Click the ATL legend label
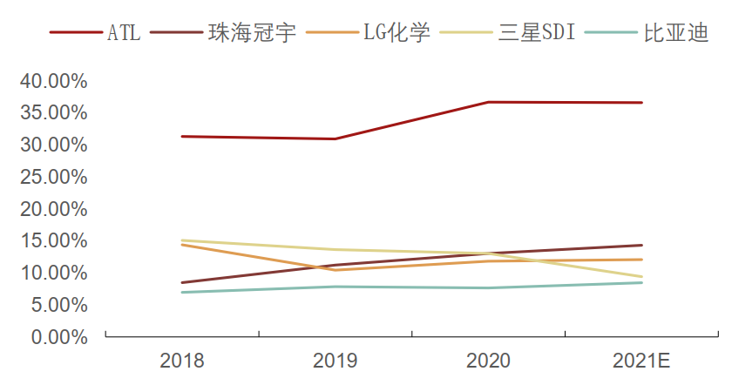point(124,34)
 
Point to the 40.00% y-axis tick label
point(53,81)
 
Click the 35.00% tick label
point(53,113)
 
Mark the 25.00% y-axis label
point(53,177)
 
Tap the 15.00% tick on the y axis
point(53,240)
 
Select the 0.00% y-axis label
point(58,336)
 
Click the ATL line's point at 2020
point(488,102)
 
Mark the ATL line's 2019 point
point(335,138)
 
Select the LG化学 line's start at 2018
point(182,245)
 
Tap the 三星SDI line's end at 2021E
point(641,277)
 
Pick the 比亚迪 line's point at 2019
point(335,287)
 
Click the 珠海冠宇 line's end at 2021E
point(641,245)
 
